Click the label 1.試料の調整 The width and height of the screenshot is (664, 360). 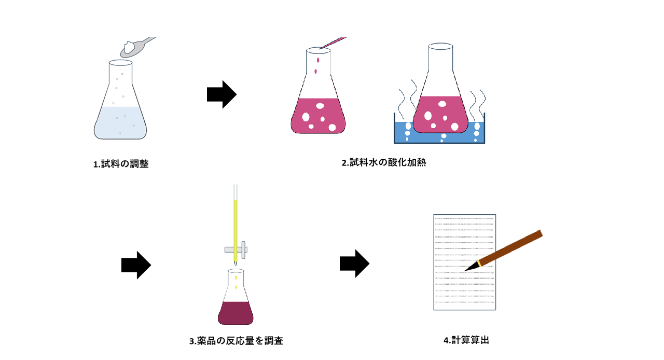pos(121,164)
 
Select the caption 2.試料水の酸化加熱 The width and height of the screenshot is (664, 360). pos(384,162)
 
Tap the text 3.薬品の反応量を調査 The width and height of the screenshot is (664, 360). pos(236,341)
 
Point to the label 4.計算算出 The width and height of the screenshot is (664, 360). pos(466,340)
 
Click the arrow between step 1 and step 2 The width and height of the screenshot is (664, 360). pos(222,94)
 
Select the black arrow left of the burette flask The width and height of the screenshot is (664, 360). pos(136,265)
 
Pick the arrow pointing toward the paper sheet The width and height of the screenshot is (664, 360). pos(354,264)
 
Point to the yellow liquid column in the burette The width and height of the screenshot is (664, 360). pos(236,228)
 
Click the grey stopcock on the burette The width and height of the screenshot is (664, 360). pos(236,250)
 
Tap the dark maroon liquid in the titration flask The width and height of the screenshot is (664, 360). pos(236,312)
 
